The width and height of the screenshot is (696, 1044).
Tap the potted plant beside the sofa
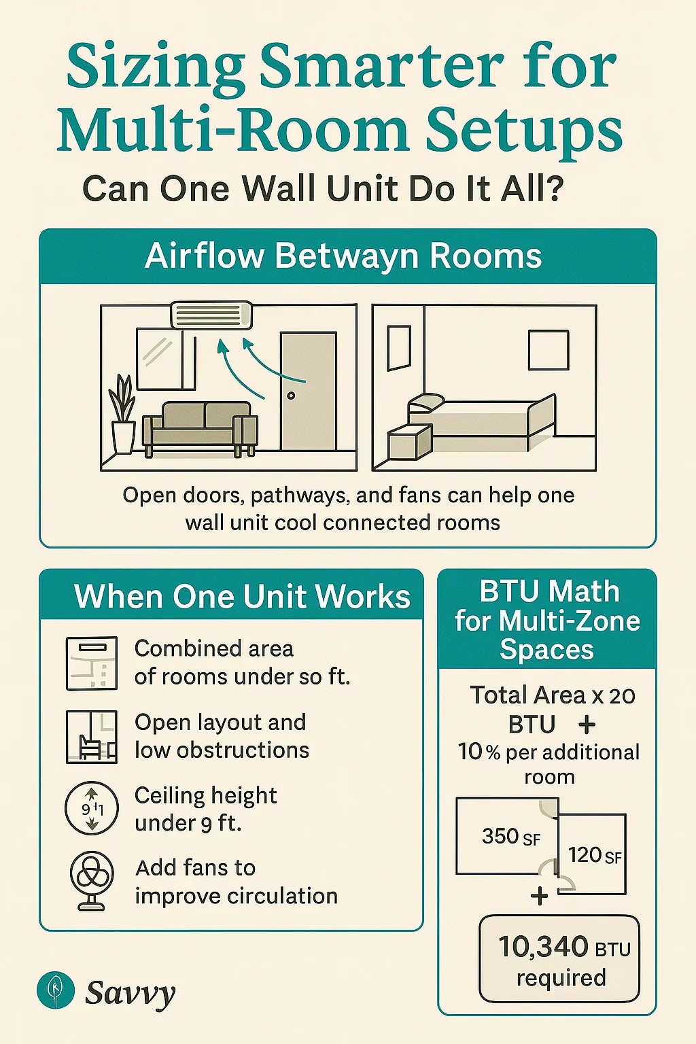pos(123,415)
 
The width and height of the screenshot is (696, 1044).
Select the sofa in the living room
pos(200,426)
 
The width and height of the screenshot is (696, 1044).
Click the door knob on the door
pos(291,396)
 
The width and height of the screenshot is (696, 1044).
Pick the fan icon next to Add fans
pos(92,880)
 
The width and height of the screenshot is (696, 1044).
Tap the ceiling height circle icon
pos(92,808)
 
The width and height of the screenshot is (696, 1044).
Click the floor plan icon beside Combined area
pos(92,663)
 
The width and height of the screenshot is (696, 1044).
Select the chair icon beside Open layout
pos(92,737)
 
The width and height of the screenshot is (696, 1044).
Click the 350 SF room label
pos(510,837)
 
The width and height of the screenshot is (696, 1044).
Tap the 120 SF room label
pos(594,855)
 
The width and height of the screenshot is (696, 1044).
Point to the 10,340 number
pos(543,946)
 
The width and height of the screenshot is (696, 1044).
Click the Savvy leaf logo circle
pos(56,990)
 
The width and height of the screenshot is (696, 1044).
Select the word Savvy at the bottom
pos(130,993)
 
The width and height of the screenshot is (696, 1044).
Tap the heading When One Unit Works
pos(242,597)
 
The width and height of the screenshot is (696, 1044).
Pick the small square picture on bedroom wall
pos(548,350)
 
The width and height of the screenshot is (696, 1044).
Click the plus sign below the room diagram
pos(540,896)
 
